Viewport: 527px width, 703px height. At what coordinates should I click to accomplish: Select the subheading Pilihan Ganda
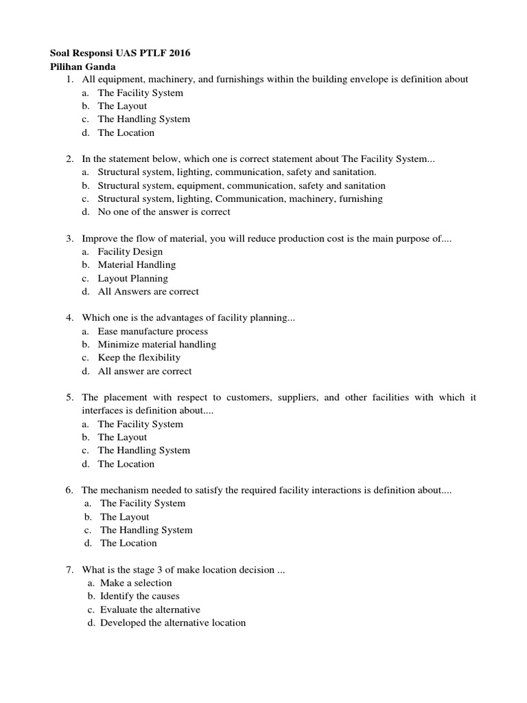click(x=83, y=66)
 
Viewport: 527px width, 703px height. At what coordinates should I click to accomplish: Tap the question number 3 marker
click(x=70, y=239)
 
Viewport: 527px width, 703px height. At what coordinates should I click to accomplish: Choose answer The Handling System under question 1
click(x=143, y=119)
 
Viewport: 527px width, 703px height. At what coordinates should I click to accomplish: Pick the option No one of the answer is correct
click(x=164, y=212)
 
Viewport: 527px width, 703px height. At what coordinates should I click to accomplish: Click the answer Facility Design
click(x=130, y=252)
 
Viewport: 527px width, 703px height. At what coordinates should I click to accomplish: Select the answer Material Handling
click(x=137, y=265)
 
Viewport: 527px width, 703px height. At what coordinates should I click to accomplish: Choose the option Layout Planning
click(x=132, y=279)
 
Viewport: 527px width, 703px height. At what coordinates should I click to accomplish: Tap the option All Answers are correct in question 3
click(x=148, y=292)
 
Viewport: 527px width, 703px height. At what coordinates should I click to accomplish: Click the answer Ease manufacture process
click(x=152, y=332)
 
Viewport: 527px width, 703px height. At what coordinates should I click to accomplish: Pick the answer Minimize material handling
click(x=156, y=345)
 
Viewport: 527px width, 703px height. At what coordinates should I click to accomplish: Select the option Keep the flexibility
click(x=139, y=358)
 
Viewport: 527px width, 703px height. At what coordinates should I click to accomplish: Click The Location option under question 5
click(x=126, y=464)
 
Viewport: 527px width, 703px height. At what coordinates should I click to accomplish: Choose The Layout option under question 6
click(x=124, y=517)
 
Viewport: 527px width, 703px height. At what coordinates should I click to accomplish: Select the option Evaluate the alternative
click(x=150, y=610)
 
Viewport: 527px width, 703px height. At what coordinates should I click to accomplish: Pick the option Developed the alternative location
click(x=172, y=623)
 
